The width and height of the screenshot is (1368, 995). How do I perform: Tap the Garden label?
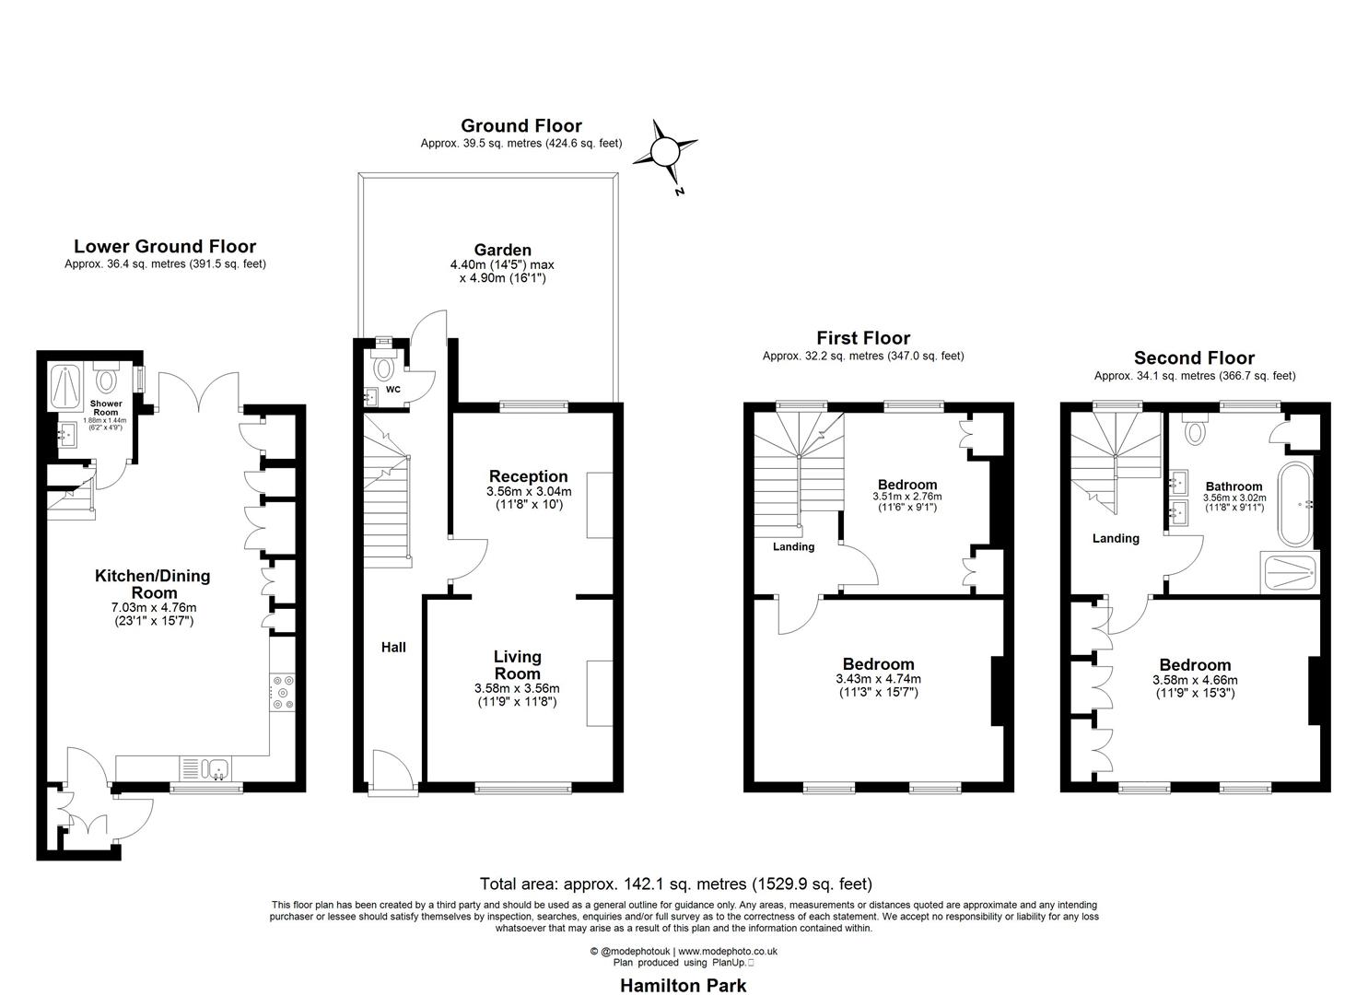click(x=502, y=250)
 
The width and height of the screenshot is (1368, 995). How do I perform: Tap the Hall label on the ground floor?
click(x=393, y=648)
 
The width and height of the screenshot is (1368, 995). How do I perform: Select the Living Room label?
click(x=517, y=665)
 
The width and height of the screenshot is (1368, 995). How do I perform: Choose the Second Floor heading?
click(x=1194, y=357)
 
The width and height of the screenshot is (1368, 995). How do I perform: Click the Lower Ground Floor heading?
click(x=165, y=246)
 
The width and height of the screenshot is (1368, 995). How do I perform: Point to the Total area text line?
click(x=675, y=884)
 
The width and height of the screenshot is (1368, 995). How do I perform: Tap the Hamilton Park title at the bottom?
click(x=682, y=985)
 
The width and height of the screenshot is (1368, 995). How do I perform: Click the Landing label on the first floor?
click(x=793, y=546)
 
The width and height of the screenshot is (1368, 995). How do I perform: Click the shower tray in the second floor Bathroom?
click(x=1290, y=574)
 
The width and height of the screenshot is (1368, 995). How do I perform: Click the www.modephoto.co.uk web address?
click(x=729, y=952)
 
